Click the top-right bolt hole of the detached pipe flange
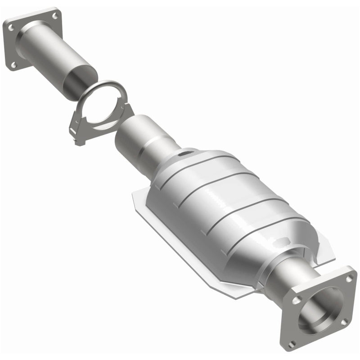click(55, 16)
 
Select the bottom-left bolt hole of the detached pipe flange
click(14, 65)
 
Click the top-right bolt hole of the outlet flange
click(349, 279)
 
